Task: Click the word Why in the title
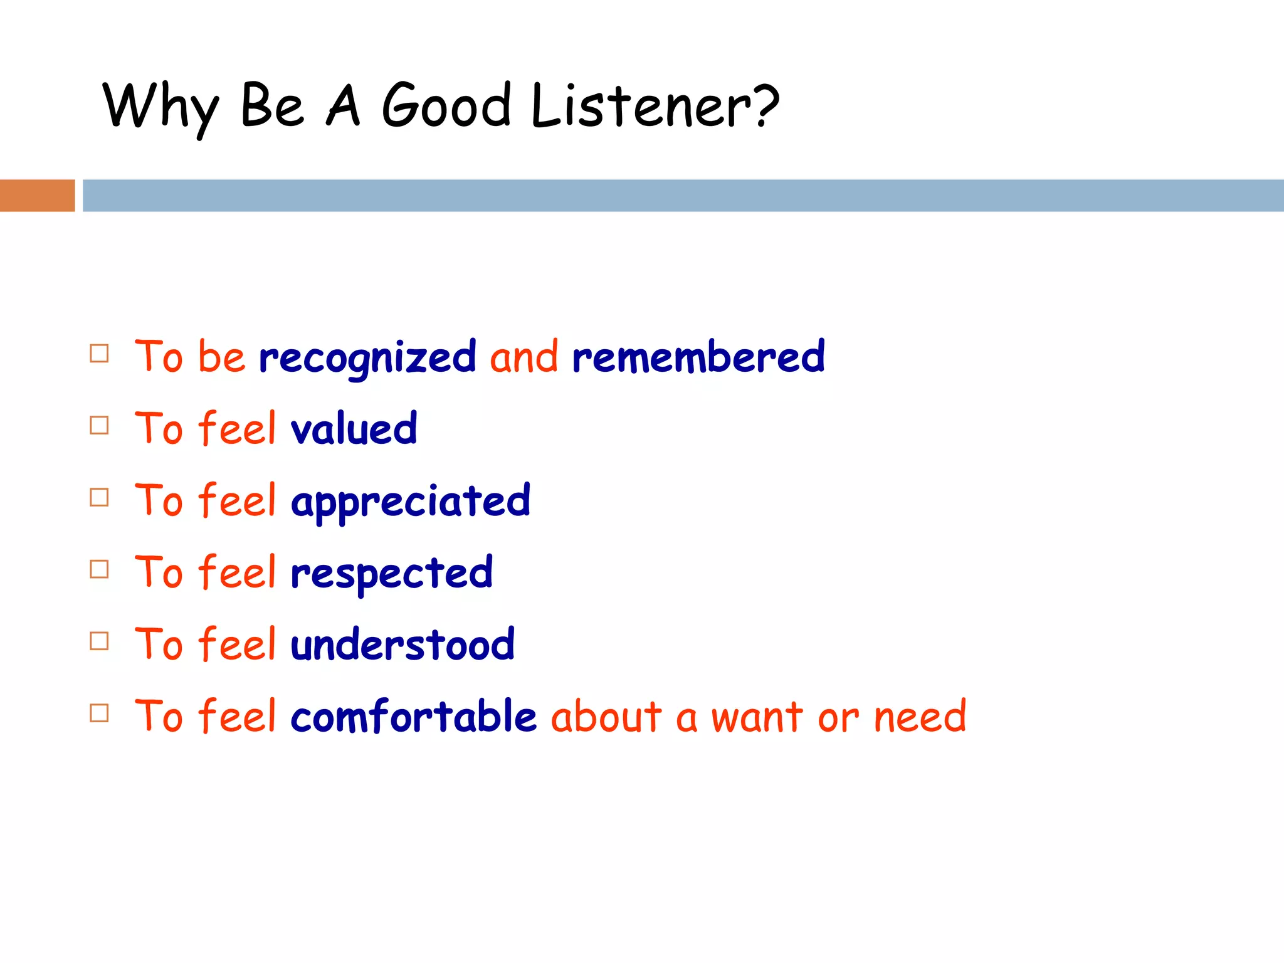coord(160,107)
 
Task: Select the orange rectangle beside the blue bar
coord(37,196)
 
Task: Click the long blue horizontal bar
coord(683,196)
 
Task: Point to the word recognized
coord(367,357)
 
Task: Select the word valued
coord(354,429)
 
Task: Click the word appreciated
coord(411,502)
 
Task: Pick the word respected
coord(392,573)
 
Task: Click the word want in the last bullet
coord(757,717)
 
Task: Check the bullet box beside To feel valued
coord(99,425)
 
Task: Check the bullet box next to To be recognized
coord(99,354)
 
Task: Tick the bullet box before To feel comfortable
coord(99,713)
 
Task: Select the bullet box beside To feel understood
coord(99,641)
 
